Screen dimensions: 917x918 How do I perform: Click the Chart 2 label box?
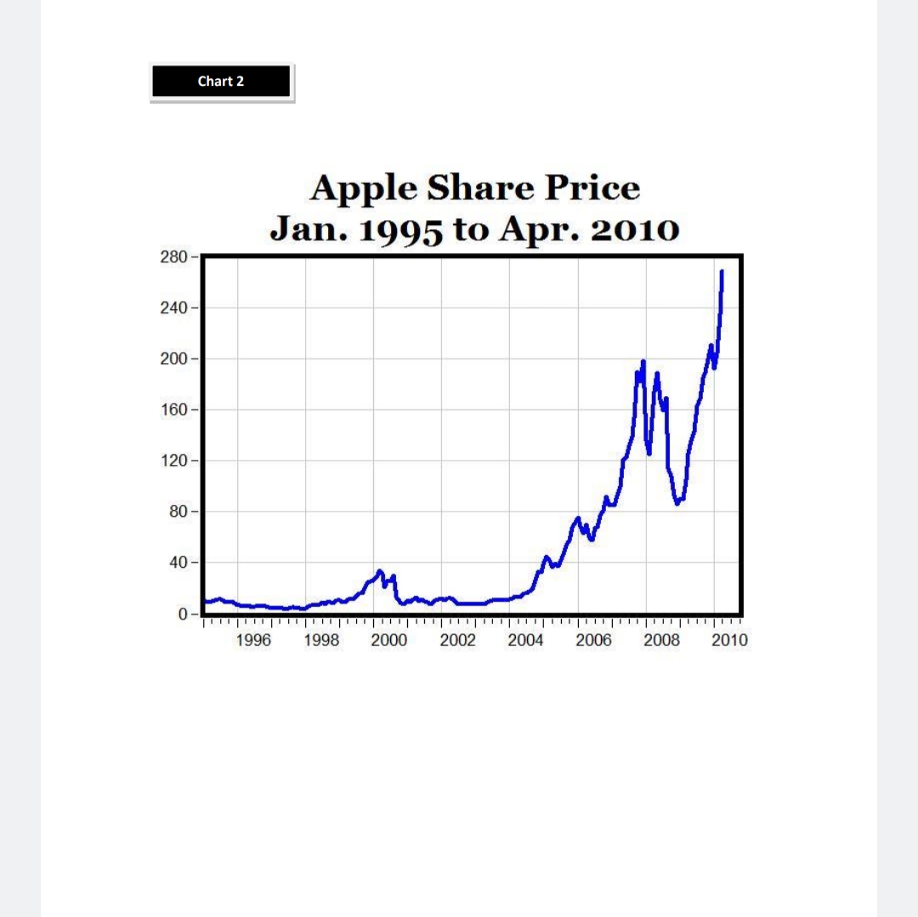221,82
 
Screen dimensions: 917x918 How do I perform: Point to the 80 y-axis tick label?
178,512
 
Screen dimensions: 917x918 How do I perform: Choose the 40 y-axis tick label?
178,563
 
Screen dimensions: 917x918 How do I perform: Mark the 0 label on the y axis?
182,614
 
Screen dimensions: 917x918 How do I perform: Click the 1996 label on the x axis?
253,641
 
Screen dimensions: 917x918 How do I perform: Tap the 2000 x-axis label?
389,641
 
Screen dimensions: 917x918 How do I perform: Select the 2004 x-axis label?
525,641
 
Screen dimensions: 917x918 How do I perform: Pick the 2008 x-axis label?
661,641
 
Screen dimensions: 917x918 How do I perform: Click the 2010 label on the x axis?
729,641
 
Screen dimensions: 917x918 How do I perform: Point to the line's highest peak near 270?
722,272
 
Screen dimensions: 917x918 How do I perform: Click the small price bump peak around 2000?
379,571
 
